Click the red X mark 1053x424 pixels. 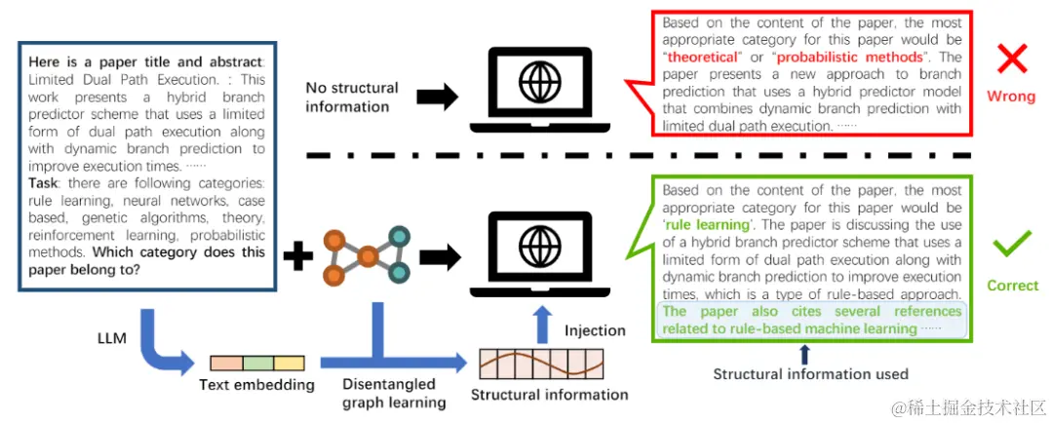[1013, 59]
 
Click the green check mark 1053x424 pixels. [1013, 242]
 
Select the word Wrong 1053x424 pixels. [1011, 96]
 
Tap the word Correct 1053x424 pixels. [1013, 286]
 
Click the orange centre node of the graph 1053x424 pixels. [368, 257]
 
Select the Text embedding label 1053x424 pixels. [256, 384]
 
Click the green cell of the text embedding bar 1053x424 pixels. [257, 364]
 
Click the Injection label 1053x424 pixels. [595, 330]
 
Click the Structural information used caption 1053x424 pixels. [810, 373]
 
